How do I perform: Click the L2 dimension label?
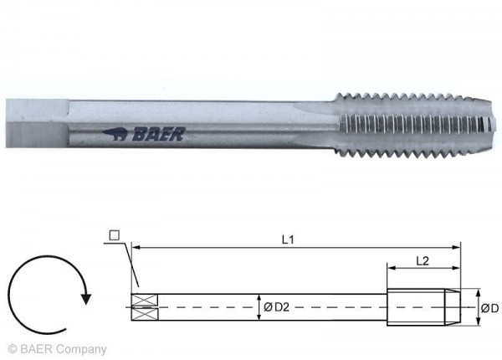pos(423,260)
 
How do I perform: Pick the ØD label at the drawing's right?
pos(489,308)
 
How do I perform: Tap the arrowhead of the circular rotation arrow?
pos(85,296)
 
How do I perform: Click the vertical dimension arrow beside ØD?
pos(475,306)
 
